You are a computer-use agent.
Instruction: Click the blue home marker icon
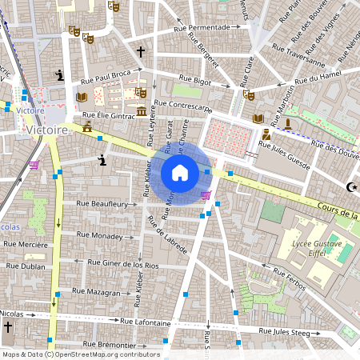pos(180,173)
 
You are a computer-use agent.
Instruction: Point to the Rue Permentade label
pos(201,26)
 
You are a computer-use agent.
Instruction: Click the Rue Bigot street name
pos(195,80)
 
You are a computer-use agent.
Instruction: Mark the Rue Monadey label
pos(100,236)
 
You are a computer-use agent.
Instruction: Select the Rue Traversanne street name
pos(298,60)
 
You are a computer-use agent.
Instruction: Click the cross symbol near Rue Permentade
pos(141,52)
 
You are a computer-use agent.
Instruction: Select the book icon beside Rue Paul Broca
pos(81,98)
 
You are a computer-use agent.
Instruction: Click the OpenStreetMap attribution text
pos(80,354)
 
